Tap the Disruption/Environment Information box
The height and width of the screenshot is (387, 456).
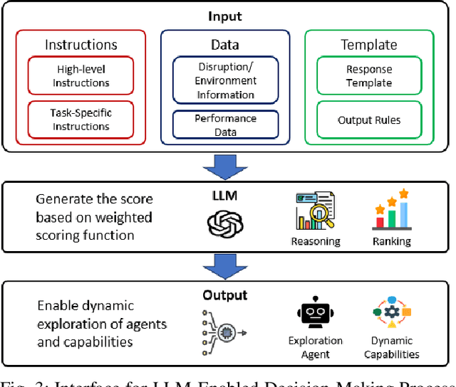(225, 82)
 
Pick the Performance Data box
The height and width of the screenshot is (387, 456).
(225, 125)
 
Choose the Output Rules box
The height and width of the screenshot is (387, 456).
(369, 120)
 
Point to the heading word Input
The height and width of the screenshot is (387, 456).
(225, 16)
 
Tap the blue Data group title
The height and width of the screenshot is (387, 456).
(225, 45)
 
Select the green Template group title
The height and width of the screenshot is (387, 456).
(369, 45)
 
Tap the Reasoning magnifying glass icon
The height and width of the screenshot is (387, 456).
(315, 211)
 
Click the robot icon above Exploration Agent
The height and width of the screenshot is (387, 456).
(314, 314)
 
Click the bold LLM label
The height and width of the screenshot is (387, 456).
(225, 195)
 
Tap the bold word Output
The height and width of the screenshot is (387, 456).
(225, 295)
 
